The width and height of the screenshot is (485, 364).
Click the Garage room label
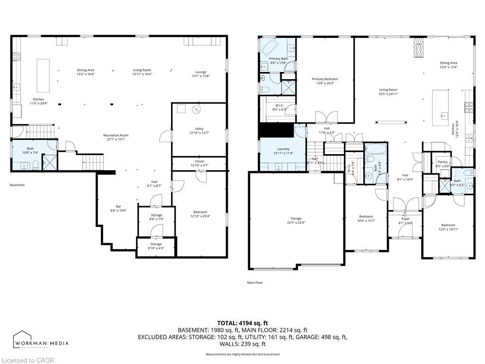(296, 220)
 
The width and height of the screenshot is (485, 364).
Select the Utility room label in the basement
(199, 131)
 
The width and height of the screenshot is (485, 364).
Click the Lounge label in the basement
(200, 74)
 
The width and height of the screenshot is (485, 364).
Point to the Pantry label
(442, 164)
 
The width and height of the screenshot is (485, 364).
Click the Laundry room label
(283, 151)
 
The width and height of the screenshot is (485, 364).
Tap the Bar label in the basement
(118, 209)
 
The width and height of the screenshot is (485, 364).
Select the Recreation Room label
(116, 137)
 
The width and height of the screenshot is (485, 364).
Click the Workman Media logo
(41, 340)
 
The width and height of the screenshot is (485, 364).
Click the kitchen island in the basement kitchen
(43, 75)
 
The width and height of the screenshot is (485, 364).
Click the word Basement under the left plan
(17, 185)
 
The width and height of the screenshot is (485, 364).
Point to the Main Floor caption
(255, 282)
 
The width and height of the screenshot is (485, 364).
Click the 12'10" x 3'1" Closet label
(199, 164)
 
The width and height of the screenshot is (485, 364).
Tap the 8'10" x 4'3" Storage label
(156, 246)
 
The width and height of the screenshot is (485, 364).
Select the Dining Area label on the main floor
(448, 65)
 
